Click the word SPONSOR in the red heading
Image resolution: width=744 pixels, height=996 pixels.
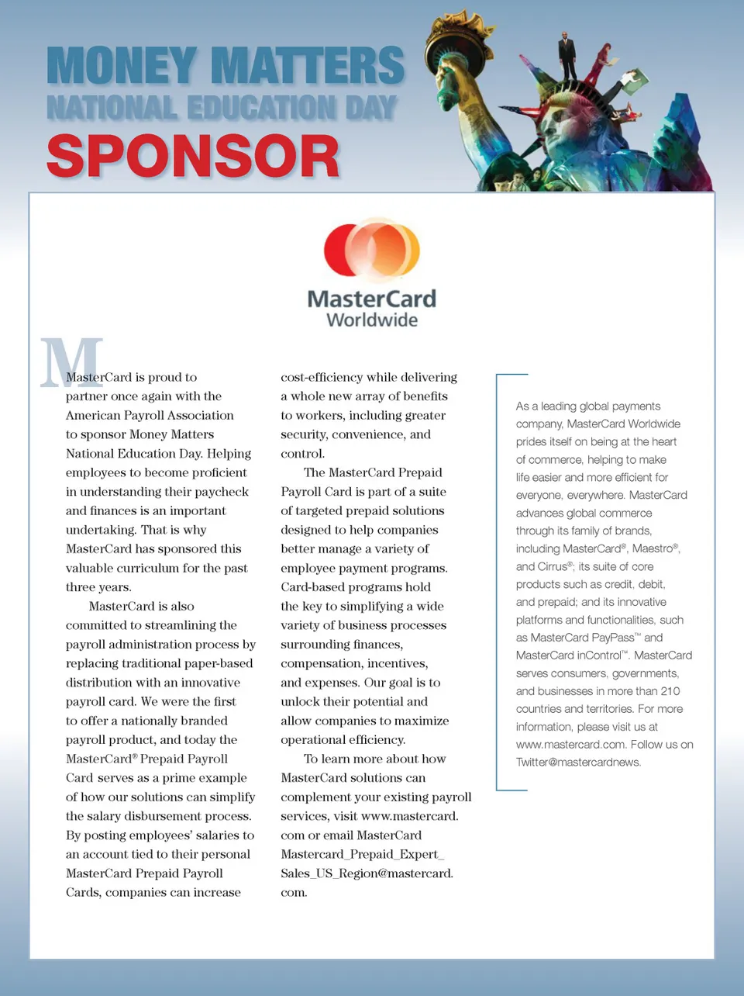click(x=193, y=157)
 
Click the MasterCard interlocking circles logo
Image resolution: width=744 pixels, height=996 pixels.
click(x=372, y=248)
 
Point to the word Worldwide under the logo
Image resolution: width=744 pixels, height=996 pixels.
click(x=372, y=320)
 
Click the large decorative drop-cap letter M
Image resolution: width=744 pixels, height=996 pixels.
click(x=72, y=362)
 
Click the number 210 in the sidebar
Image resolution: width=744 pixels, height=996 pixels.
click(x=670, y=691)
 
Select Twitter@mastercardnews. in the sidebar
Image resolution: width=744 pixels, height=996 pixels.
click(x=578, y=763)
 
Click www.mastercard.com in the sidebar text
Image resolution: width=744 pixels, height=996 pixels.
click(x=570, y=745)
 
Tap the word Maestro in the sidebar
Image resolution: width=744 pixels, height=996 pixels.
click(x=652, y=548)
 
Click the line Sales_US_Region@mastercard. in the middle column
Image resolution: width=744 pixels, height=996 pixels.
click(x=367, y=873)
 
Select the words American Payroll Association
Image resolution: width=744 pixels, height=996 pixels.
click(x=150, y=416)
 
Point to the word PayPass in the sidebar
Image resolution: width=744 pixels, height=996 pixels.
click(x=612, y=638)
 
